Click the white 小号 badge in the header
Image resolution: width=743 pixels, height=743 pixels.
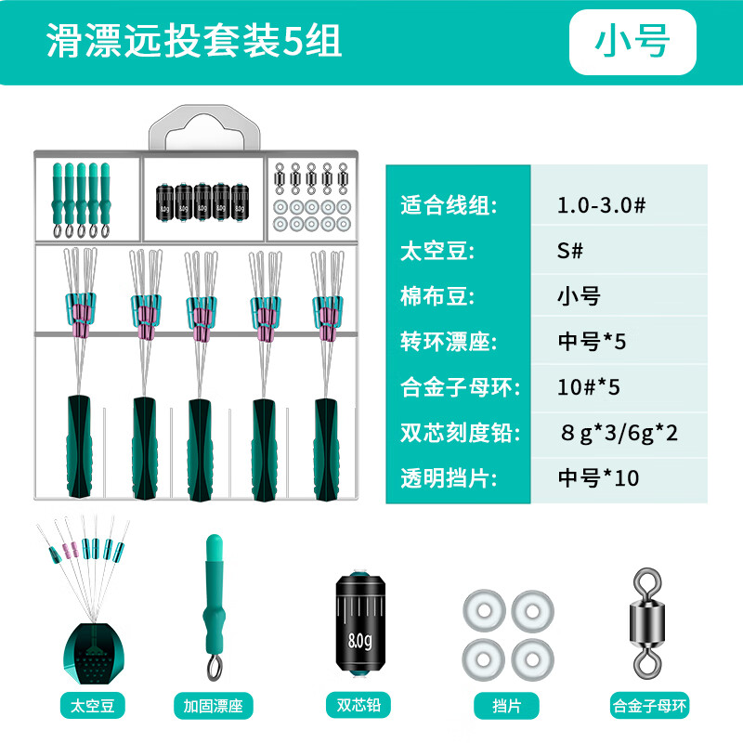tap(632, 42)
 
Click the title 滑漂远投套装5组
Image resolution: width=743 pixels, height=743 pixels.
tap(194, 41)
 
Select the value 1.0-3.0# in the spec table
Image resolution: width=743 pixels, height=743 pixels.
tap(601, 205)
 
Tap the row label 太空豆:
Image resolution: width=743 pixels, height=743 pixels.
tap(437, 251)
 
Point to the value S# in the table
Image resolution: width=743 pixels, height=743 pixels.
tap(570, 251)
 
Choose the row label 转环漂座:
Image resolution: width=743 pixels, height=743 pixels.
tap(449, 342)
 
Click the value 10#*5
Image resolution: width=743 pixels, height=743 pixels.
tap(589, 387)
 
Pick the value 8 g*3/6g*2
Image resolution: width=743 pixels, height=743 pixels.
tap(619, 433)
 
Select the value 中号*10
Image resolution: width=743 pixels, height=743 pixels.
tap(598, 478)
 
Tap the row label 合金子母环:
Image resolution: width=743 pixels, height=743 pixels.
tap(460, 387)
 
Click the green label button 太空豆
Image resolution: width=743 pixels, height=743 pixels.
tap(93, 706)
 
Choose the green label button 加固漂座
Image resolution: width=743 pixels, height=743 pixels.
tap(214, 706)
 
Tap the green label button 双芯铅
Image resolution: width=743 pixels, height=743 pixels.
tap(358, 705)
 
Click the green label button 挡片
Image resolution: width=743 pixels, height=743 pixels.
tap(506, 706)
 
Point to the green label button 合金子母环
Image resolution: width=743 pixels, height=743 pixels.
tap(649, 706)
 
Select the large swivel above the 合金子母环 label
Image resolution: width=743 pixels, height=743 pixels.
tap(647, 622)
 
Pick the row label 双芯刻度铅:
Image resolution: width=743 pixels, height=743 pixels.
tap(460, 433)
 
